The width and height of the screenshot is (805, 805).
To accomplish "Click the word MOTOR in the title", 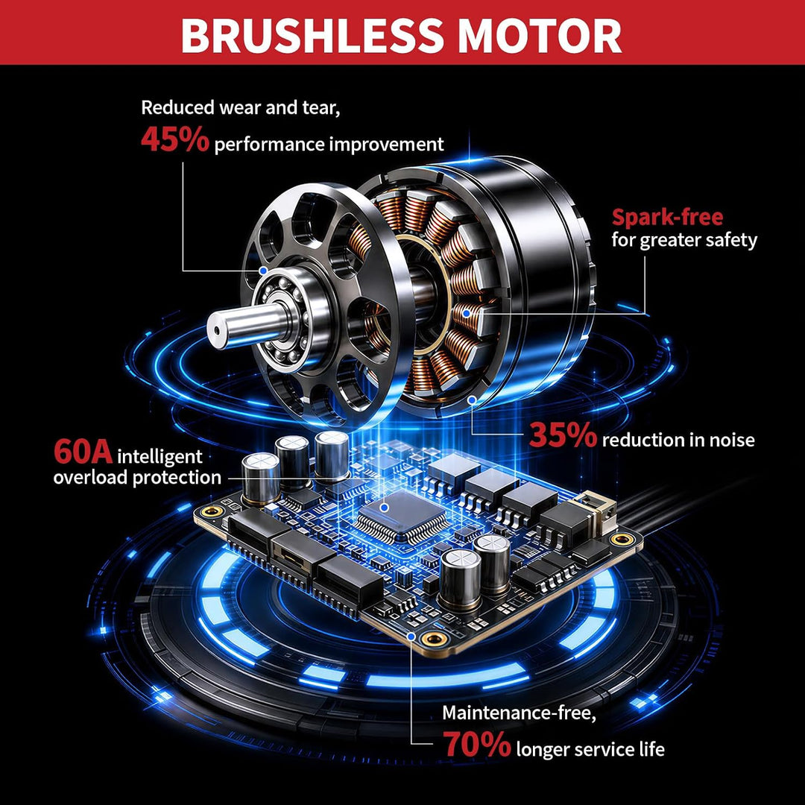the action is coord(539,35).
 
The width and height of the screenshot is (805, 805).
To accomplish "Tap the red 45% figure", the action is coord(175,139).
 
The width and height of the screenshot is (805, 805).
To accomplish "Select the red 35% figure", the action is coord(563,435).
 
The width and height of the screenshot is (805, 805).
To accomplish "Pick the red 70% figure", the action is coord(477,745).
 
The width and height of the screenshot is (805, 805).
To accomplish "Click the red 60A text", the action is coord(83,451).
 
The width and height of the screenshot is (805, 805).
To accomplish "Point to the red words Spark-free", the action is coord(667,218).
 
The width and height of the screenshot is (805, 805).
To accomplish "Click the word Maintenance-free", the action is coord(520,713).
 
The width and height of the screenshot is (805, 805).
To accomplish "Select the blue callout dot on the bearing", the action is coord(263,270).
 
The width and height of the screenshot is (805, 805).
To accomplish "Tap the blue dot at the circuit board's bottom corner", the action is coord(411,636).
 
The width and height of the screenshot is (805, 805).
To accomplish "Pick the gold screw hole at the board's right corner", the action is coord(622,539).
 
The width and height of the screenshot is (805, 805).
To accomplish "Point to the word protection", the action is coord(177,478).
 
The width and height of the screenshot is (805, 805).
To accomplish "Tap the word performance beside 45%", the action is coord(269,145).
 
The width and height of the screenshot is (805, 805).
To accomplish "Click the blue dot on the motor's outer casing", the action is coord(472,399).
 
